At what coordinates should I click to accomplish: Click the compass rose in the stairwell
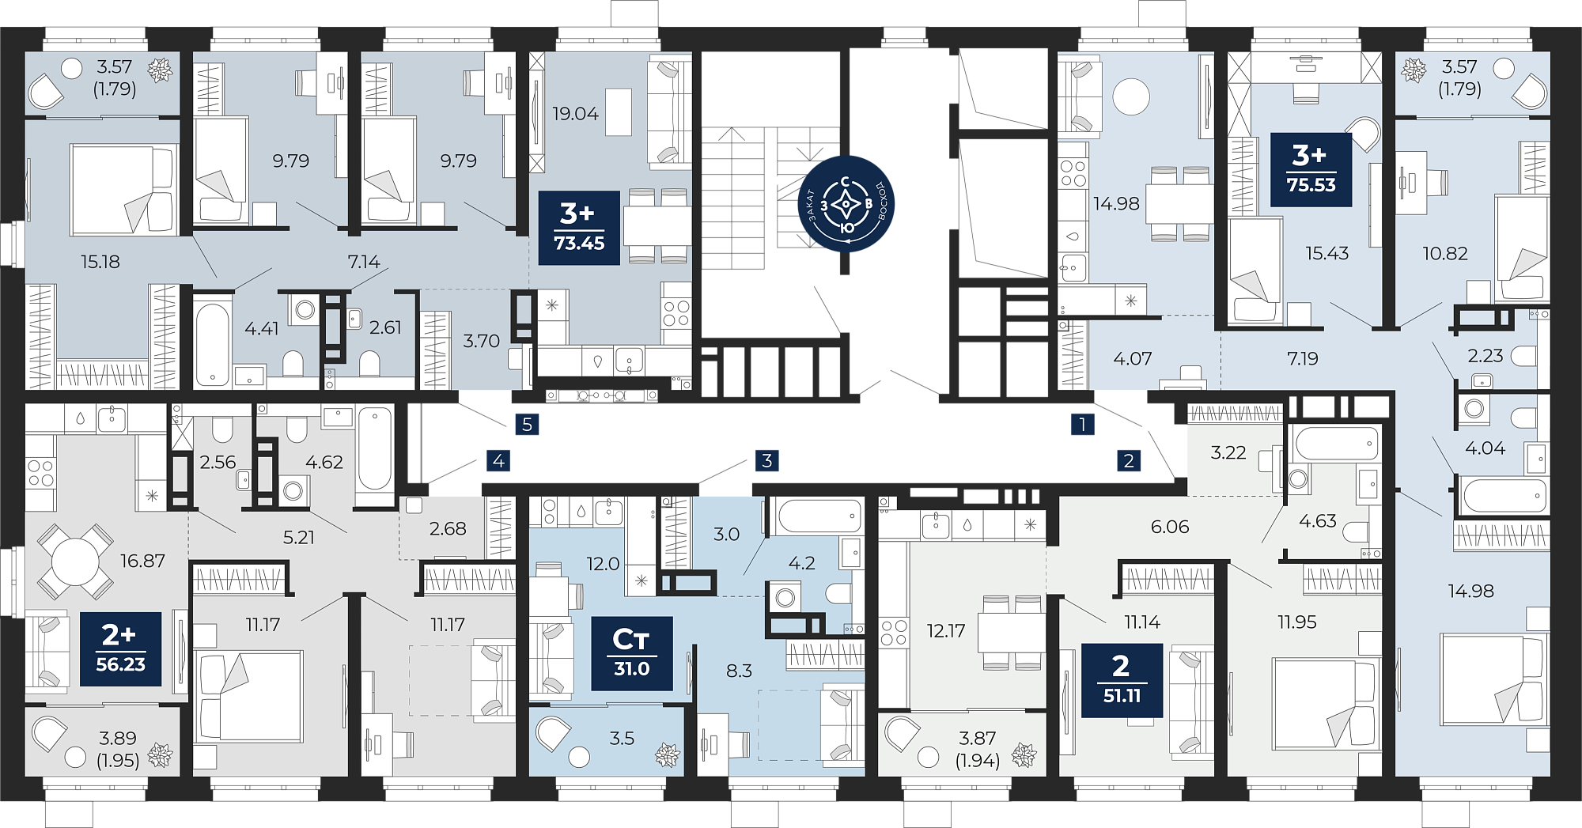click(x=846, y=204)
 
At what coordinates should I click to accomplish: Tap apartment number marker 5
click(x=528, y=425)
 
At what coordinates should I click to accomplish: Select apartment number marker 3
click(x=767, y=460)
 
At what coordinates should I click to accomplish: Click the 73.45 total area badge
click(x=579, y=228)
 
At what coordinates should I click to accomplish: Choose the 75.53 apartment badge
click(x=1311, y=169)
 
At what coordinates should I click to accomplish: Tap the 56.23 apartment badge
click(x=121, y=648)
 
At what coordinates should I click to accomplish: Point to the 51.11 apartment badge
click(x=1122, y=680)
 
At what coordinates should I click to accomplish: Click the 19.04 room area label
click(x=576, y=114)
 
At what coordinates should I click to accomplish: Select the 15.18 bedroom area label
click(x=100, y=262)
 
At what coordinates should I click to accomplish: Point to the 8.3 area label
click(x=739, y=671)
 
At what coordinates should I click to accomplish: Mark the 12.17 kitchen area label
click(x=946, y=631)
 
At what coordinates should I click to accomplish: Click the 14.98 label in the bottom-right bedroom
click(x=1471, y=591)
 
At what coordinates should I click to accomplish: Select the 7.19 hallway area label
click(x=1303, y=359)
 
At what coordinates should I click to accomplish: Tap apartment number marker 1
click(x=1083, y=425)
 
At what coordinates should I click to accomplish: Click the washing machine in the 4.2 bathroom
click(x=785, y=597)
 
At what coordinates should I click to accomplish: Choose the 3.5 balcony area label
click(x=622, y=739)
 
